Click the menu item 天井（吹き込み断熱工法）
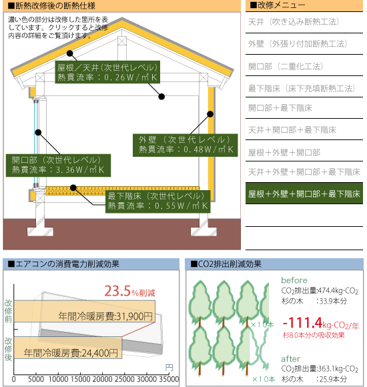294,22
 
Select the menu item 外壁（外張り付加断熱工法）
298,44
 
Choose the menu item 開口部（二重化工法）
286,67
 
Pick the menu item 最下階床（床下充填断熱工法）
302,88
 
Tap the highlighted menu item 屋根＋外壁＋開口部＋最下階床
304,193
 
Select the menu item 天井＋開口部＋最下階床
292,130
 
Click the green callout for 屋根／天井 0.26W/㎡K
107,72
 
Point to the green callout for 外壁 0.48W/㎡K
186,145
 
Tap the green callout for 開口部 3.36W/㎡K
58,165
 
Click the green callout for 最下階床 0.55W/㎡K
158,202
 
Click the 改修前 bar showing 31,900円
84,311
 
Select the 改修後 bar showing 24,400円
68,348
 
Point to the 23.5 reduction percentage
117,291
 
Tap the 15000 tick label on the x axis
80,379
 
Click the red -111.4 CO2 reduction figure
302,323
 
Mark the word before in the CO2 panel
294,280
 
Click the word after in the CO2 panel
291,359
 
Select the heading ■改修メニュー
278,5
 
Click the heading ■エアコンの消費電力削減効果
63,264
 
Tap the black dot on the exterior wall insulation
210,114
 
